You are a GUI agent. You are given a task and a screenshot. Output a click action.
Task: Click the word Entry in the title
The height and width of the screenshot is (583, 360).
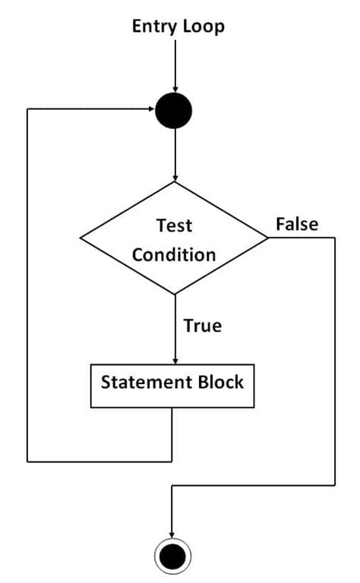(x=154, y=27)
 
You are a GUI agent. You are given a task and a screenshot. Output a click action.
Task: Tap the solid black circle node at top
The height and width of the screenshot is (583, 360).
(x=174, y=111)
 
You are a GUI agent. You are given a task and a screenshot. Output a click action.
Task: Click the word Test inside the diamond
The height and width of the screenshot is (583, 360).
(x=174, y=225)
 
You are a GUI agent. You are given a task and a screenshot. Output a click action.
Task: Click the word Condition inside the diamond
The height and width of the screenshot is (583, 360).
(x=174, y=254)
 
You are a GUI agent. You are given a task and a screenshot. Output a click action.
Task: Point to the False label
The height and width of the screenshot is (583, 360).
(x=296, y=224)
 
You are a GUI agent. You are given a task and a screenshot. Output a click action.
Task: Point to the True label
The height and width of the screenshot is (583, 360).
(x=203, y=326)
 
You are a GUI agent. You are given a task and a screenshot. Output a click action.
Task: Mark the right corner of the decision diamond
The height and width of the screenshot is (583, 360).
(x=268, y=238)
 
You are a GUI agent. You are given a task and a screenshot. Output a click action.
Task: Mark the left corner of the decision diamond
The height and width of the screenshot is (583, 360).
(x=81, y=238)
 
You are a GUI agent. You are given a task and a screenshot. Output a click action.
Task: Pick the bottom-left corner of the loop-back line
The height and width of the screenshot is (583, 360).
(x=28, y=460)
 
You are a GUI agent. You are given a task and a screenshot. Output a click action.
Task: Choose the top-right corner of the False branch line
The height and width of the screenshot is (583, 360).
(x=334, y=238)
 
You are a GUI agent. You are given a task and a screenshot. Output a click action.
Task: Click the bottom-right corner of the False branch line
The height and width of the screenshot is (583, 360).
(x=334, y=485)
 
